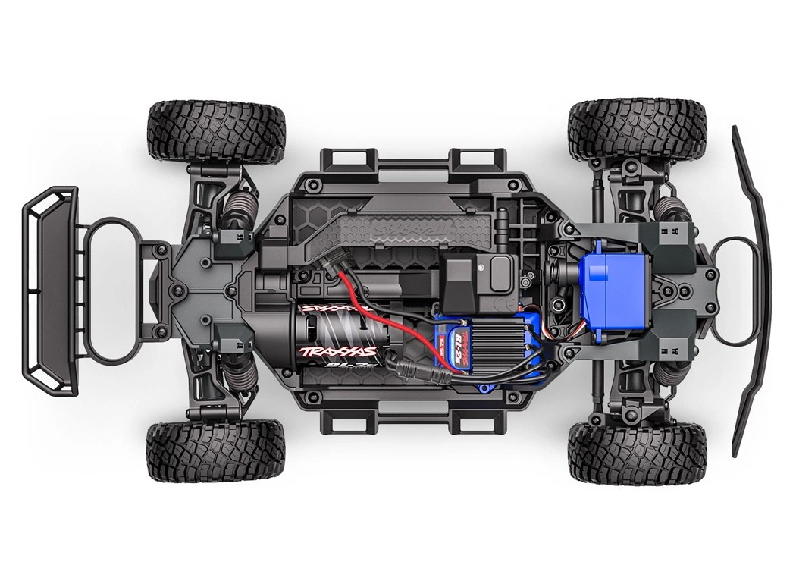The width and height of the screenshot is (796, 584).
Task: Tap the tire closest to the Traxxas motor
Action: (x=216, y=451)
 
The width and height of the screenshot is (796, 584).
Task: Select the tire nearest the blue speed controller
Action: (x=637, y=453)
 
